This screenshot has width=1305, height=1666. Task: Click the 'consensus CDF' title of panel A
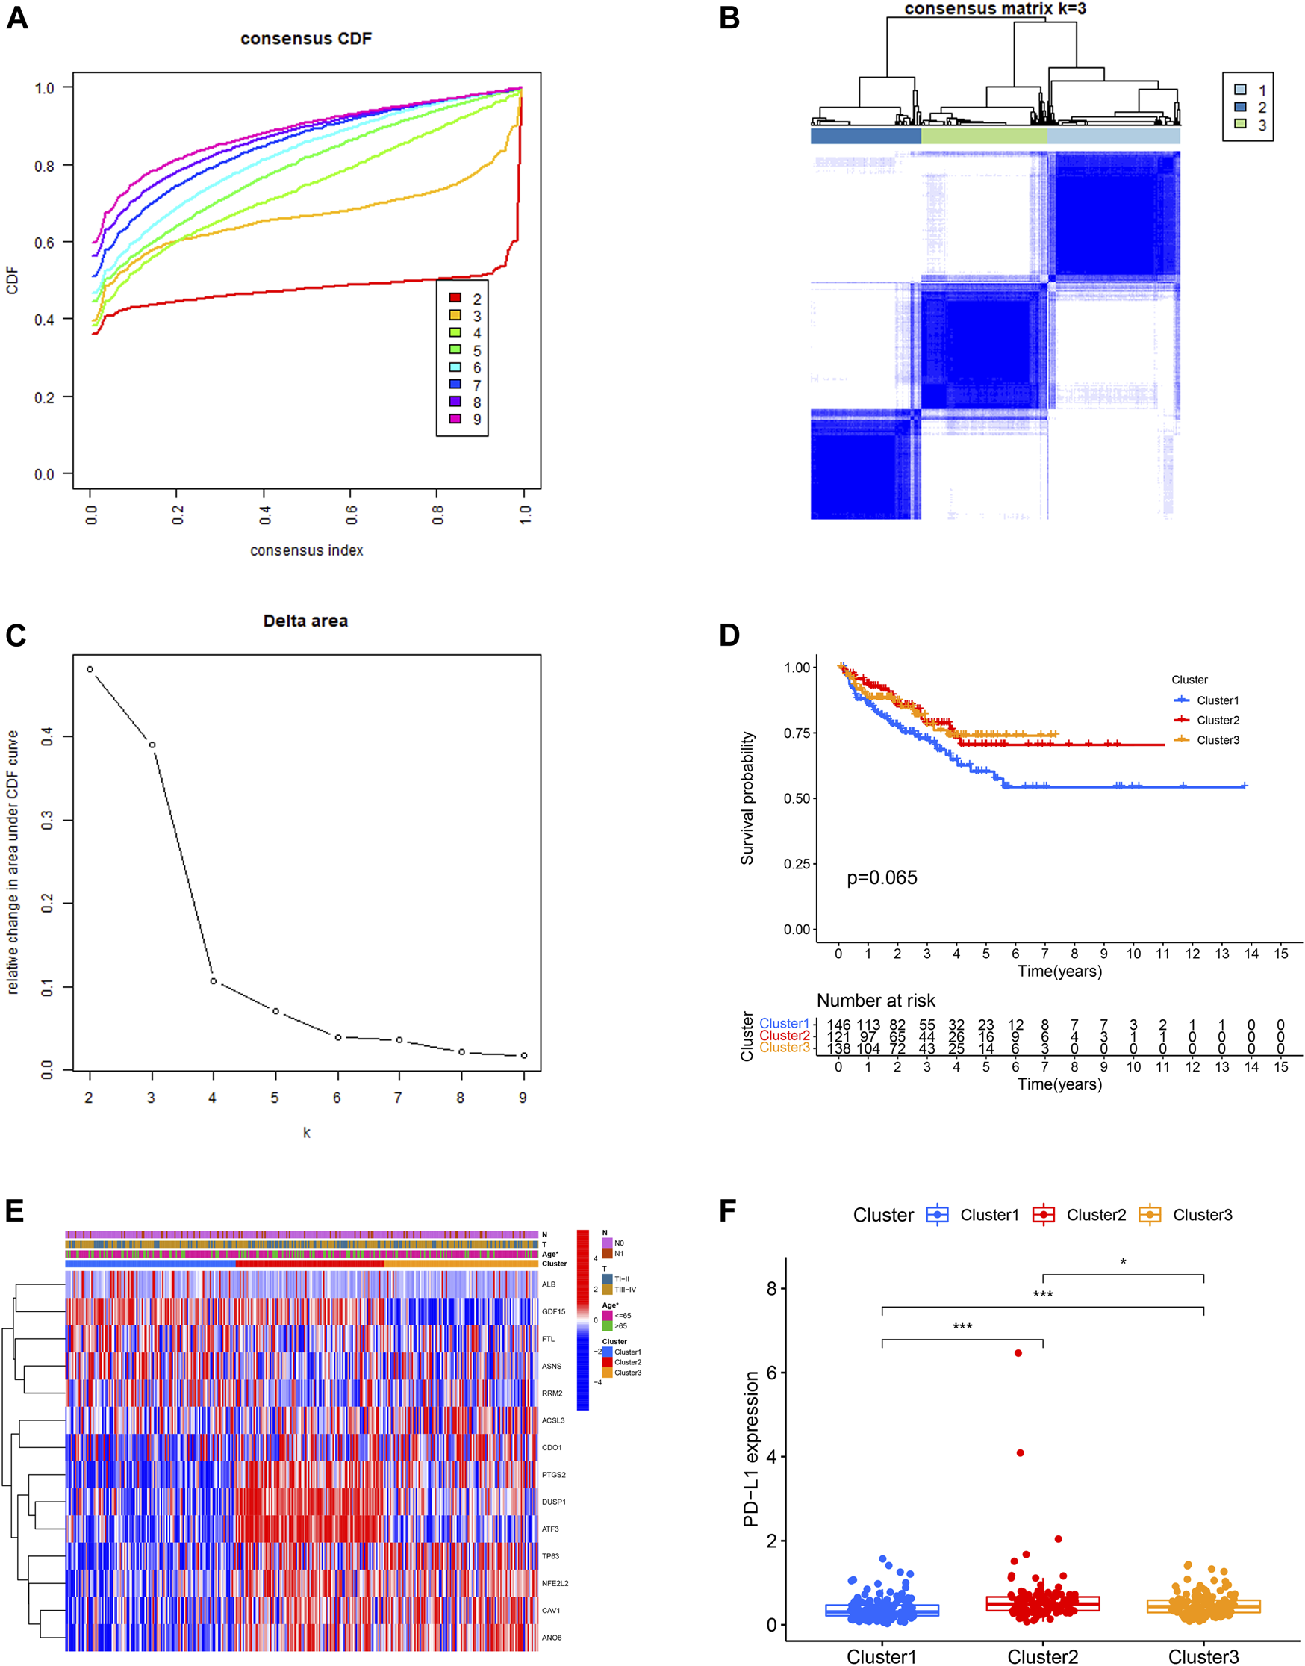(x=305, y=38)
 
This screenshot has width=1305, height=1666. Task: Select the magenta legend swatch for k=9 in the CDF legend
(x=455, y=419)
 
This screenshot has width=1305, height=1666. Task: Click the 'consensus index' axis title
(x=306, y=550)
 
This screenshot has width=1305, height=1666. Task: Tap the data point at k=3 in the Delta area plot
(x=152, y=745)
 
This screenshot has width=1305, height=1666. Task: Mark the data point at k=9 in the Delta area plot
(x=523, y=1055)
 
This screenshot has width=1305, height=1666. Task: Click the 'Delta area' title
(x=305, y=621)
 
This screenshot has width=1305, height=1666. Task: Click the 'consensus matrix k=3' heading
(x=994, y=8)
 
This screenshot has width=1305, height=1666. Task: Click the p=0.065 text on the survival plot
(x=882, y=877)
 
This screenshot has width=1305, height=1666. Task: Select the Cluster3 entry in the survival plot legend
(x=1217, y=740)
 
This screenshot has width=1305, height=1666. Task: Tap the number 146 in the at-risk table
(x=838, y=1025)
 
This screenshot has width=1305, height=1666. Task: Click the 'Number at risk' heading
(x=876, y=1001)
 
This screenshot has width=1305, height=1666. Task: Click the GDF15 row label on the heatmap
(x=553, y=1311)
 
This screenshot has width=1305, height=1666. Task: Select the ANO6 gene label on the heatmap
(x=552, y=1638)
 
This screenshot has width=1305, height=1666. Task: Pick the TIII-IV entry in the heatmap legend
(x=625, y=1289)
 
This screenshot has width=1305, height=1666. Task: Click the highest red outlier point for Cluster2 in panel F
(x=1018, y=1352)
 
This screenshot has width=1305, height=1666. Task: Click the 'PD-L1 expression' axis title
(x=751, y=1449)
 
